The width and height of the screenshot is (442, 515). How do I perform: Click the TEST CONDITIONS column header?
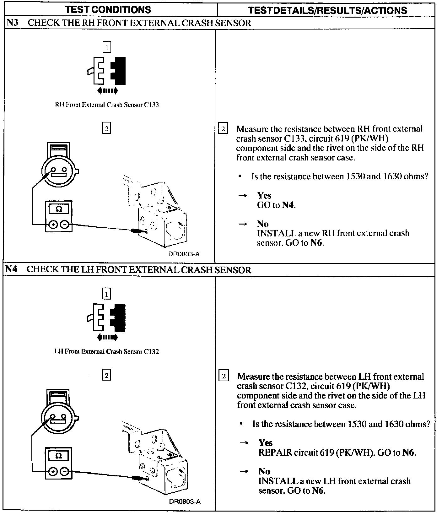point(108,9)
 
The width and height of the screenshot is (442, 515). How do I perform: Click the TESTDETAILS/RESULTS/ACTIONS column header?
point(327,10)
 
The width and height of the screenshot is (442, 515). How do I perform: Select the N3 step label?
point(11,23)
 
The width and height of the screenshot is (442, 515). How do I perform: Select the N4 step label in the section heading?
point(11,269)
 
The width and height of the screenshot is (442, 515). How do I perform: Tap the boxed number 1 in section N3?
point(107,47)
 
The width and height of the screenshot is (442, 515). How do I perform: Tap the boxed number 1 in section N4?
point(107,294)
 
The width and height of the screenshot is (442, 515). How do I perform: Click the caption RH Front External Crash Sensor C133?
point(107,105)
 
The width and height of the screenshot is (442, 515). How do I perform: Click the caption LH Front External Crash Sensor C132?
point(106,352)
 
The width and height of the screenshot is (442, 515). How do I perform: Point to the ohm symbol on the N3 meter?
point(59,209)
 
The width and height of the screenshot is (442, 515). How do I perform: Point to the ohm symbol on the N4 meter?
point(59,456)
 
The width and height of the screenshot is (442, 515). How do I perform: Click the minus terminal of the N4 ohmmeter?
point(65,471)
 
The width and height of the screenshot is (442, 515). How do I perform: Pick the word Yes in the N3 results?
point(264,196)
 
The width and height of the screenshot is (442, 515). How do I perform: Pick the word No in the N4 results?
point(264,471)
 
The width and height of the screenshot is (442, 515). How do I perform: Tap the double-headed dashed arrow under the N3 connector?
point(108,91)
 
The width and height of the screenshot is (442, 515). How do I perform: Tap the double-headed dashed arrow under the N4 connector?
point(108,338)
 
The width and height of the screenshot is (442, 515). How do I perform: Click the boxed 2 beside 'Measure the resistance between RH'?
point(223,129)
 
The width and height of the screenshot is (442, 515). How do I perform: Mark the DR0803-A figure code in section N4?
point(185,501)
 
